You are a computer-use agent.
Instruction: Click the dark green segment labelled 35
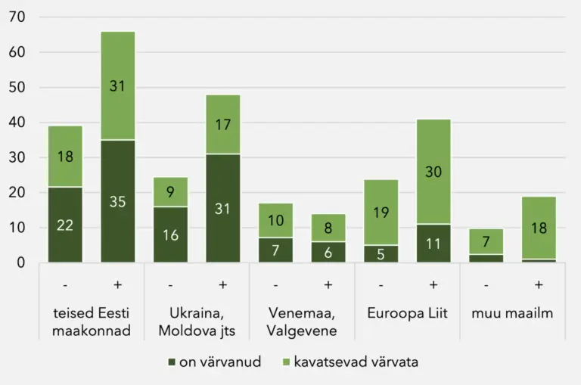[117, 201]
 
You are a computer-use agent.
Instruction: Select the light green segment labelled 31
[117, 85]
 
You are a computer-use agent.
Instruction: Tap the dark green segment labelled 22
[65, 225]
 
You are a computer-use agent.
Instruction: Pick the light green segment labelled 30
[433, 172]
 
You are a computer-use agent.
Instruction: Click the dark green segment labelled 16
[170, 234]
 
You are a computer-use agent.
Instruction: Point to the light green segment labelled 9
[170, 192]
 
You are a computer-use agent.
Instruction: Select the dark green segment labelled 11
[433, 244]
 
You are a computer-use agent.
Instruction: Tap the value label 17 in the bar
[222, 124]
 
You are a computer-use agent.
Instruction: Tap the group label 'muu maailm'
[511, 313]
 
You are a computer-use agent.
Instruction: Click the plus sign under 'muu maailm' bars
[538, 284]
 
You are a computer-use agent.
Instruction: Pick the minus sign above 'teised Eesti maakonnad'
[65, 284]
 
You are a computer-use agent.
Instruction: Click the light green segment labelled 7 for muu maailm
[485, 241]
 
